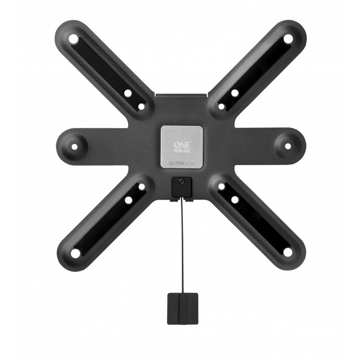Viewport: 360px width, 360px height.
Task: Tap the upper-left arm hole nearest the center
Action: [141, 107]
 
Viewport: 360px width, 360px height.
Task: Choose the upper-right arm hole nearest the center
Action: [221, 107]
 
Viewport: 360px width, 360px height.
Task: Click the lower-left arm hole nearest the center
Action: [141, 186]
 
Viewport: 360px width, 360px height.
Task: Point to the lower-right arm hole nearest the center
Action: [221, 186]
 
